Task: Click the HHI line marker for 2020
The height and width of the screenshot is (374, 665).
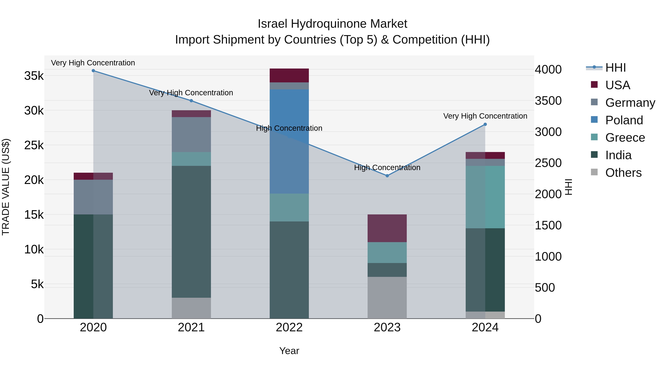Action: [x=93, y=71]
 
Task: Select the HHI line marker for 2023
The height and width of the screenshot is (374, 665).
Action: [x=387, y=176]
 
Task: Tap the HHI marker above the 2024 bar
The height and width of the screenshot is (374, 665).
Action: [x=485, y=124]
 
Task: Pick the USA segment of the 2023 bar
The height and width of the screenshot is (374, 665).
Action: [x=387, y=228]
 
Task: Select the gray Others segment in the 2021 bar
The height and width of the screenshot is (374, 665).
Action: [x=191, y=308]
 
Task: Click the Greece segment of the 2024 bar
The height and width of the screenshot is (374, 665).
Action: [x=485, y=197]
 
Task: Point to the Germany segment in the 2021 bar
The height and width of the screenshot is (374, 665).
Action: [x=191, y=134]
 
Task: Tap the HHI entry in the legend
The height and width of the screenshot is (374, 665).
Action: [x=615, y=68]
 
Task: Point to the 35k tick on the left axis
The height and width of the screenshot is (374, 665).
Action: [x=34, y=76]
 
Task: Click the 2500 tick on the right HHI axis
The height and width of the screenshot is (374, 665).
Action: [x=548, y=163]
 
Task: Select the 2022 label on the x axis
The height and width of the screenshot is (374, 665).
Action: [x=289, y=327]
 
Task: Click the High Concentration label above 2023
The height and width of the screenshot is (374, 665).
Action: [x=387, y=168]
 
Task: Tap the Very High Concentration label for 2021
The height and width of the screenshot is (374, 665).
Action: [x=191, y=93]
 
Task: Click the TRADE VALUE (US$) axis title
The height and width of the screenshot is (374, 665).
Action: [x=6, y=187]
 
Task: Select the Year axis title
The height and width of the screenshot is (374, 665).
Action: [x=289, y=351]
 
